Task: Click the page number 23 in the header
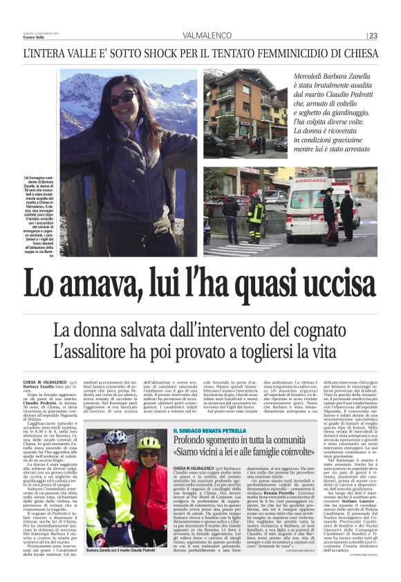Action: pos(373,35)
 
